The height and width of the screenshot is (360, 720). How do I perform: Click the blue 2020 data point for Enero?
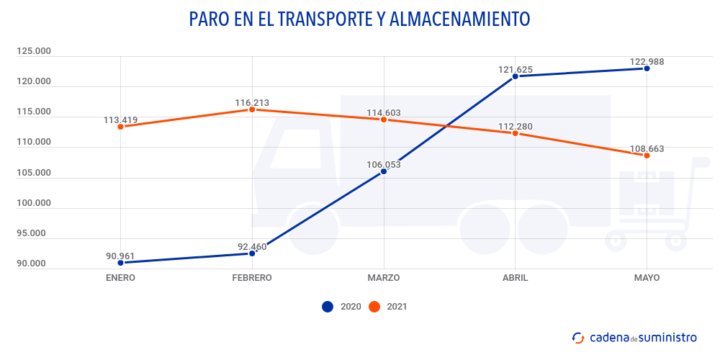pos(120,263)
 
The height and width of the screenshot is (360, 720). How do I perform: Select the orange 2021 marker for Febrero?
pos(252,109)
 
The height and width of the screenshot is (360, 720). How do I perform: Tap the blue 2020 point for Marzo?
pos(384,171)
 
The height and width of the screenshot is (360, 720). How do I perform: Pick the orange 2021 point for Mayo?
pos(647,156)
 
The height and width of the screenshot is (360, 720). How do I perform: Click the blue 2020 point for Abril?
pos(516,76)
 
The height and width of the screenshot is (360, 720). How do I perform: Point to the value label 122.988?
pos(647,62)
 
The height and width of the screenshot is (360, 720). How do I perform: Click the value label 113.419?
pos(120,120)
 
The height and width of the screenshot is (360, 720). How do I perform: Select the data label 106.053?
pos(384,164)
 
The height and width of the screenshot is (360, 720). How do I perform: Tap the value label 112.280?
pos(516,127)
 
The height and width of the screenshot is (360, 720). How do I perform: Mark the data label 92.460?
pos(252,247)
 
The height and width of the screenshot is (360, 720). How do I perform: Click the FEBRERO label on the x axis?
pos(252,278)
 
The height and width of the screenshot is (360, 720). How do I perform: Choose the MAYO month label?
pos(647,278)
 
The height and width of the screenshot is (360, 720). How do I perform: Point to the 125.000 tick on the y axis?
pos(34,51)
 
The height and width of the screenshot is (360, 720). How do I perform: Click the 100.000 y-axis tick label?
pos(34,203)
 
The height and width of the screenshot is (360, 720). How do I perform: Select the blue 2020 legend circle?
pos(328,307)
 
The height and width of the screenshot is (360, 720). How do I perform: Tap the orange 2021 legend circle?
pos(374,307)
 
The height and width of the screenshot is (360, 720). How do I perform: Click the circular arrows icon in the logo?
pos(577,337)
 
